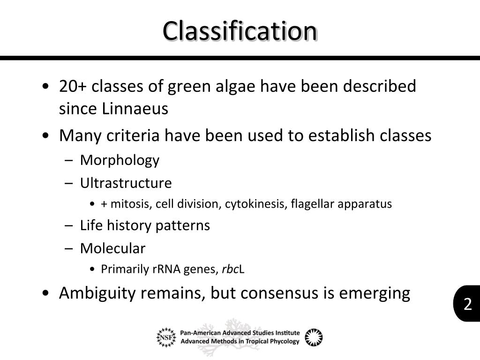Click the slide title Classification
(x=240, y=31)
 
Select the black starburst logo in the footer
(x=314, y=337)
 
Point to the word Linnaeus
(x=135, y=109)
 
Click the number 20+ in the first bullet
(x=73, y=86)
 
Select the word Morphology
(x=120, y=160)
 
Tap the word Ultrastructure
(x=126, y=183)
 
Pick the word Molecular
(x=112, y=248)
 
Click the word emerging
(x=374, y=293)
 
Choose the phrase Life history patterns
(x=145, y=225)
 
